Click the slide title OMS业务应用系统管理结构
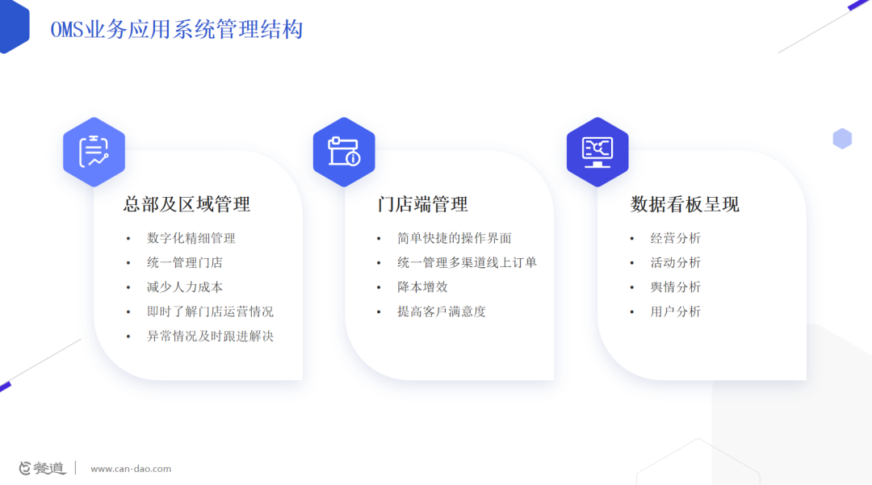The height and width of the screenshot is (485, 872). pyautogui.click(x=177, y=29)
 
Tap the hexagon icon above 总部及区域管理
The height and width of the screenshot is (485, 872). pyautogui.click(x=94, y=152)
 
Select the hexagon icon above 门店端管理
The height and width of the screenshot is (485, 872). pyautogui.click(x=344, y=152)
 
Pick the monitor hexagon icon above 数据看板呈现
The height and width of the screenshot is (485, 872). pyautogui.click(x=597, y=152)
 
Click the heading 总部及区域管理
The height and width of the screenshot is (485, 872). pyautogui.click(x=187, y=204)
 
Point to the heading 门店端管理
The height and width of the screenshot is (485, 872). pyautogui.click(x=422, y=204)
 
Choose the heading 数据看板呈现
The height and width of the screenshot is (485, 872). pyautogui.click(x=685, y=204)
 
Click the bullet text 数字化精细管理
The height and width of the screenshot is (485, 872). pyautogui.click(x=191, y=238)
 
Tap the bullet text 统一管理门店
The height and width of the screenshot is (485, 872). pyautogui.click(x=185, y=263)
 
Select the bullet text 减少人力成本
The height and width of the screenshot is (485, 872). pyautogui.click(x=185, y=287)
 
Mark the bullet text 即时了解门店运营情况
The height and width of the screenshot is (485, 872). pyautogui.click(x=210, y=311)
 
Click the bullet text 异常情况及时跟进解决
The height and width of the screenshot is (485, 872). pyautogui.click(x=210, y=337)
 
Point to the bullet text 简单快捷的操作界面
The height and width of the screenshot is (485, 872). pyautogui.click(x=455, y=238)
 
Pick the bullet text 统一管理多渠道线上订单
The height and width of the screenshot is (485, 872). pyautogui.click(x=467, y=263)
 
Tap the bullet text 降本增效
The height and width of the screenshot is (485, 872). pyautogui.click(x=422, y=287)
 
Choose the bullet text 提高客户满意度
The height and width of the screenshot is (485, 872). pyautogui.click(x=442, y=311)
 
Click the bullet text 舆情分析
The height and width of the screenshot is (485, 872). pyautogui.click(x=676, y=287)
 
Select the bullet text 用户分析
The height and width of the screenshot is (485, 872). pyautogui.click(x=676, y=311)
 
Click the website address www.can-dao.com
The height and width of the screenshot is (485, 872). pyautogui.click(x=131, y=469)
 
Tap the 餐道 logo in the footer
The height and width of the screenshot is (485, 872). pyautogui.click(x=42, y=468)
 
